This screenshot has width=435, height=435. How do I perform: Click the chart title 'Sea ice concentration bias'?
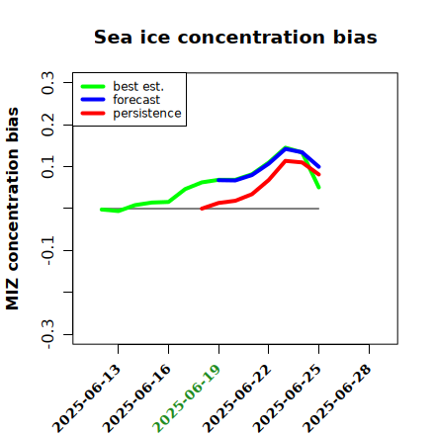point(235,37)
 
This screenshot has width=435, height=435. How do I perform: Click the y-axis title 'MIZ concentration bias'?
point(13,209)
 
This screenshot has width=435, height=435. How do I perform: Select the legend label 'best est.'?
point(138,86)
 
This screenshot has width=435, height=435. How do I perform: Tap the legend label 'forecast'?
point(136,100)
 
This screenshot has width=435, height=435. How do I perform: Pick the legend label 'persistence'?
point(147,114)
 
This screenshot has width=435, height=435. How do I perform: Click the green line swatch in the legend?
point(93,86)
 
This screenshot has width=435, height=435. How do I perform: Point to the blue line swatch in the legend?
point(93,100)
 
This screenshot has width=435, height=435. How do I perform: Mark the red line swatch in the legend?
point(93,114)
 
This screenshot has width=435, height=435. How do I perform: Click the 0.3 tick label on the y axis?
point(47,83)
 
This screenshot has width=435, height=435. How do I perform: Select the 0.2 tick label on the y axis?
point(47,125)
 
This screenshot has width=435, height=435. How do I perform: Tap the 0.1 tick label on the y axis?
point(47,167)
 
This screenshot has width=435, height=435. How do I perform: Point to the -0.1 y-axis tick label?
point(47,250)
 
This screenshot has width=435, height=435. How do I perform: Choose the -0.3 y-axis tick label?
point(47,334)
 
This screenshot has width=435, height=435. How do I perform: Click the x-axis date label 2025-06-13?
point(86,398)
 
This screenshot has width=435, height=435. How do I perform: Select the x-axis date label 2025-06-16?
point(136,398)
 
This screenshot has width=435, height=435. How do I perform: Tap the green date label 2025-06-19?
point(187,398)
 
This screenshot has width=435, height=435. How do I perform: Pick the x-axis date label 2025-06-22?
point(236,398)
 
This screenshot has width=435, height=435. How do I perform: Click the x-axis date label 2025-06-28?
point(337,398)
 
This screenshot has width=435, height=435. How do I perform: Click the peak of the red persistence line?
point(286,161)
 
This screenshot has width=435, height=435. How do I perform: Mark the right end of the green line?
point(319,188)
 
